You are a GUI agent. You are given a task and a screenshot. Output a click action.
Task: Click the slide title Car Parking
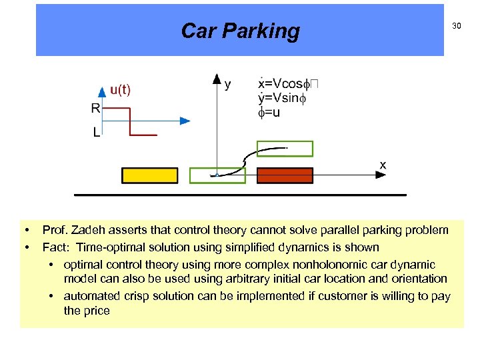[240, 31]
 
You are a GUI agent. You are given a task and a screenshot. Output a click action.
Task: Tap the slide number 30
[457, 26]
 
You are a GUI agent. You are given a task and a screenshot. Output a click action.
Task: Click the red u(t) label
[121, 90]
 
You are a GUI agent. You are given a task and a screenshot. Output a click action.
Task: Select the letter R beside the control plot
[96, 108]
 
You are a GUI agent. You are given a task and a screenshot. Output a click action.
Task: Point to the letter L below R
[97, 133]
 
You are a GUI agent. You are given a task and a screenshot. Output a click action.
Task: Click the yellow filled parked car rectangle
[150, 175]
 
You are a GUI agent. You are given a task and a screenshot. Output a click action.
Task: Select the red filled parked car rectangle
[285, 175]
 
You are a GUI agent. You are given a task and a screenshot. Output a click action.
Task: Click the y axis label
[229, 84]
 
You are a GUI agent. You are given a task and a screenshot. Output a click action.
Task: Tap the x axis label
[383, 164]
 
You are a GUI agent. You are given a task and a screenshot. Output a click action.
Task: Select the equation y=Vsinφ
[281, 99]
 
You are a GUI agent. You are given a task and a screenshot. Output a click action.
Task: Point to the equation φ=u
[269, 113]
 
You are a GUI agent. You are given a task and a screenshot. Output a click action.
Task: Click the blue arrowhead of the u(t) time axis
[185, 121]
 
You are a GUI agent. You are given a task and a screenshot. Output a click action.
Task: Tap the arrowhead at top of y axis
[217, 79]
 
